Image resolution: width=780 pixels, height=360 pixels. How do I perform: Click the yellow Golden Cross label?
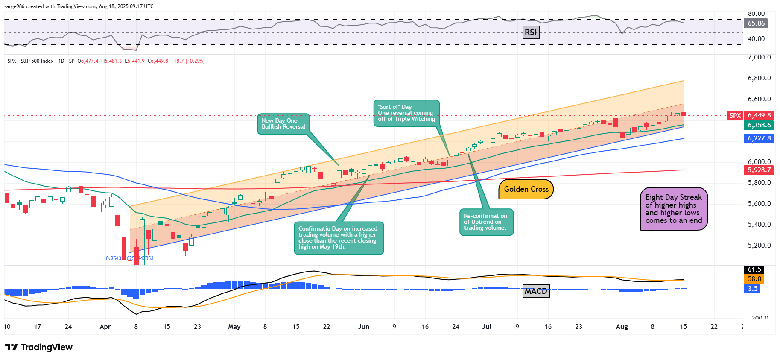pos(526,189)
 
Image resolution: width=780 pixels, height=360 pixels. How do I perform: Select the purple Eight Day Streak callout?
pos(674,209)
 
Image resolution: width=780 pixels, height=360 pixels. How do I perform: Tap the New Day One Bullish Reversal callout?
pos(283,124)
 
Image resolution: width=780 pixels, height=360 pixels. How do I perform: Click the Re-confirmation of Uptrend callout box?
pos(486,222)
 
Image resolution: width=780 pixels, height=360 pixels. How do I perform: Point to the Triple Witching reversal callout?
pos(406,113)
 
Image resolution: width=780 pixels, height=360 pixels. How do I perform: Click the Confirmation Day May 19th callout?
pos(339,238)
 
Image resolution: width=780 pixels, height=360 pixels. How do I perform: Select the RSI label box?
pos(531,32)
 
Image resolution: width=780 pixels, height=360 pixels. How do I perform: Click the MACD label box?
pos(536,291)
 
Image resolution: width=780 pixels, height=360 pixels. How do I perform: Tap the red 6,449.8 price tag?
pos(759,115)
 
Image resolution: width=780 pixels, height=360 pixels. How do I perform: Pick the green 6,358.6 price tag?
pos(759,125)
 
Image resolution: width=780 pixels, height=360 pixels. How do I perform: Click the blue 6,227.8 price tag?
pos(759,138)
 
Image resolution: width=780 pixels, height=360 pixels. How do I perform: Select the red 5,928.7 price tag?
pos(759,170)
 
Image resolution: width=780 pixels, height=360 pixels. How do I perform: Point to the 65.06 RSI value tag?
pos(756,23)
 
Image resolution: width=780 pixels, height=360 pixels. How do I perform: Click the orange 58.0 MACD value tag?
pos(754,279)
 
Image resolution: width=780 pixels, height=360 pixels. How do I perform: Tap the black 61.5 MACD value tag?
pos(754,269)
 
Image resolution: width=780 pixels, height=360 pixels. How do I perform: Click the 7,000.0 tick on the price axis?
pos(759,57)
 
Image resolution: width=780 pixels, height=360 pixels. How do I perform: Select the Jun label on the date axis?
pos(363,327)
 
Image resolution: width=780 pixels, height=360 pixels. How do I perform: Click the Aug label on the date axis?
pos(622,327)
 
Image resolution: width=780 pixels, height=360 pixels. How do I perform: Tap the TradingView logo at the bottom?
pos(39,347)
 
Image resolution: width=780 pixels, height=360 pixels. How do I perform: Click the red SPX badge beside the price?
pos(735,115)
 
